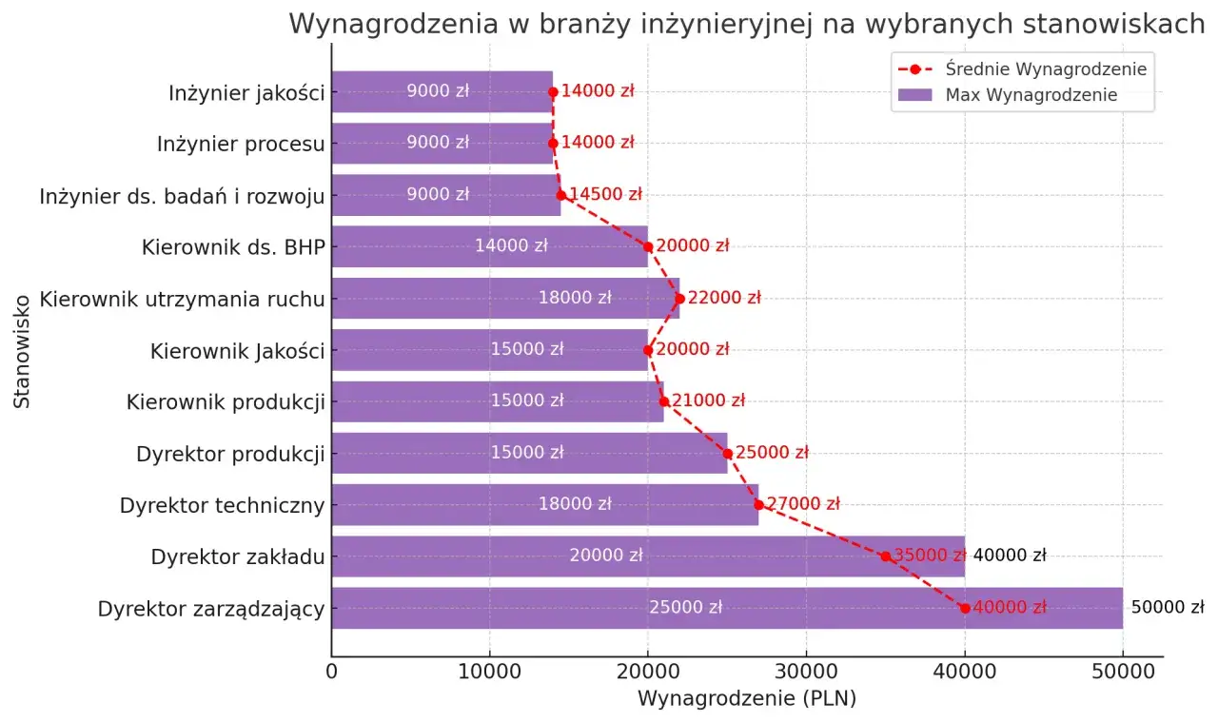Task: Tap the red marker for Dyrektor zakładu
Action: click(x=886, y=556)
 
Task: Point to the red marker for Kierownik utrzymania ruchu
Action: click(x=679, y=299)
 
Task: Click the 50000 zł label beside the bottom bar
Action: click(x=1168, y=608)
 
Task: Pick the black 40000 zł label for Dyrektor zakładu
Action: click(x=1010, y=556)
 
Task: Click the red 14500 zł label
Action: click(x=605, y=195)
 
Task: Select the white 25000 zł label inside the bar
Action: click(x=685, y=608)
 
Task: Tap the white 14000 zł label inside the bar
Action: click(x=511, y=246)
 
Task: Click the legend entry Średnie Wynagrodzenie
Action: click(x=1046, y=69)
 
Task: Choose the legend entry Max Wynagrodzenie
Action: click(x=1031, y=95)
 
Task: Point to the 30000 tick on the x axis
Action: click(x=806, y=673)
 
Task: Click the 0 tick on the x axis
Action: click(x=332, y=673)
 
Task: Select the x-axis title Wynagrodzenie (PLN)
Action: click(x=747, y=699)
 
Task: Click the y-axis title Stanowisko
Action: click(x=23, y=350)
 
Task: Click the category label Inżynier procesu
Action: click(x=241, y=145)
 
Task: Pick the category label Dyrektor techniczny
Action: click(x=223, y=505)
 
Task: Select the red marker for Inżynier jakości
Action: click(x=553, y=92)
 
